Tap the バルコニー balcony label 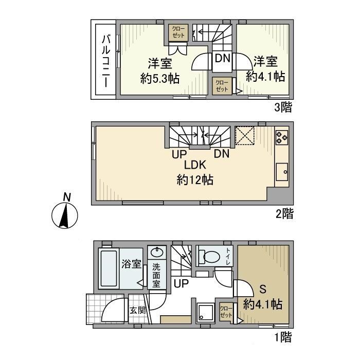(106, 60)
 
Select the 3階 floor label (284, 107)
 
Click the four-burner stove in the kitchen (281, 137)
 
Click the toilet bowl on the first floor (211, 256)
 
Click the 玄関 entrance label (137, 310)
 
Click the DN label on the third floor (222, 59)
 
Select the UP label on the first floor (181, 283)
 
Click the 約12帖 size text (195, 180)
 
